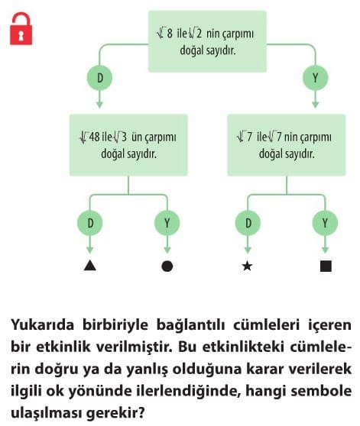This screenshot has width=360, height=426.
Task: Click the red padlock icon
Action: click(x=21, y=28)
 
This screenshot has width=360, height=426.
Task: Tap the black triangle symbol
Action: click(x=90, y=266)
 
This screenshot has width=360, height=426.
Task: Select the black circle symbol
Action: click(x=167, y=266)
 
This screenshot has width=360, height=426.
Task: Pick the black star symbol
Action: click(x=247, y=266)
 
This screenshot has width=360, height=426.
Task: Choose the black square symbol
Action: click(x=326, y=266)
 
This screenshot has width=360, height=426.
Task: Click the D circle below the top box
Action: click(x=99, y=78)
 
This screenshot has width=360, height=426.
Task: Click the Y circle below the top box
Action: click(x=316, y=78)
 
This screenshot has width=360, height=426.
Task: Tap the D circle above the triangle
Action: click(x=90, y=223)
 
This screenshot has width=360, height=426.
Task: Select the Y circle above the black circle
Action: click(x=167, y=223)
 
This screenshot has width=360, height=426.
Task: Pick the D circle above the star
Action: click(x=248, y=223)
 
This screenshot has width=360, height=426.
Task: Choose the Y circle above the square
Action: click(x=325, y=223)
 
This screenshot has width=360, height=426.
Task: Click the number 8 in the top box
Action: click(x=170, y=34)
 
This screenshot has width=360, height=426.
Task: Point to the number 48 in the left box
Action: click(x=95, y=137)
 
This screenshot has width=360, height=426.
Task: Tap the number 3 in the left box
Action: click(x=124, y=137)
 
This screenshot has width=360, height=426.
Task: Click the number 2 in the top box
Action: click(x=199, y=34)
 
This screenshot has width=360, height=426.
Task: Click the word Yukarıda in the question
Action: click(x=42, y=324)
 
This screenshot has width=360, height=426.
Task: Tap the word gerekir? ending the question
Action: click(x=115, y=414)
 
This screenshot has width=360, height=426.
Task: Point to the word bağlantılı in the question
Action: click(x=190, y=325)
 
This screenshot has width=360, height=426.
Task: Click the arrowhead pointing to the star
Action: click(x=248, y=250)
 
